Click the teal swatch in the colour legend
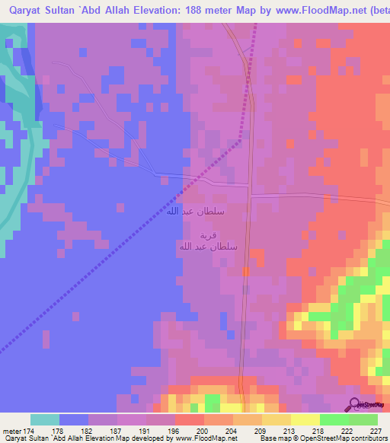[45, 419]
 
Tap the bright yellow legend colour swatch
[305, 419]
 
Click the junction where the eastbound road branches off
[250, 195]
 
